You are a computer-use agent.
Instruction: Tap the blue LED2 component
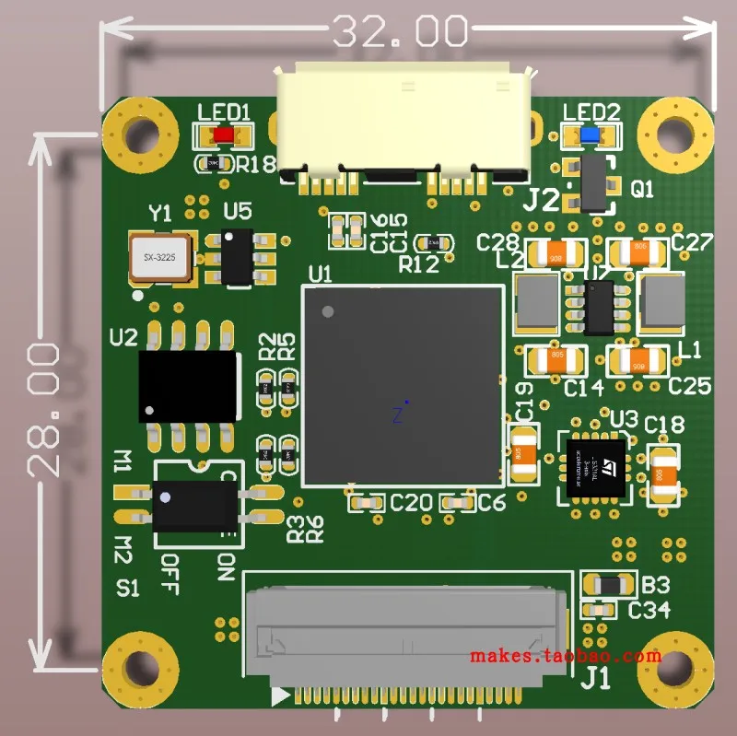(x=590, y=135)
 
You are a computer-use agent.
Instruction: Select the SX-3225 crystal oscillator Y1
(x=160, y=258)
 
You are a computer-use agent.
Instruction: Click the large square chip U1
(x=403, y=384)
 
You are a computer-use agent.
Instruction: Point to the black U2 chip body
(x=189, y=386)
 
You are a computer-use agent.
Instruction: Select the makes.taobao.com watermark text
(x=565, y=656)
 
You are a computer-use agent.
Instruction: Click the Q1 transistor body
(x=597, y=183)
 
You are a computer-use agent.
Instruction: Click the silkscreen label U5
(x=237, y=212)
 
